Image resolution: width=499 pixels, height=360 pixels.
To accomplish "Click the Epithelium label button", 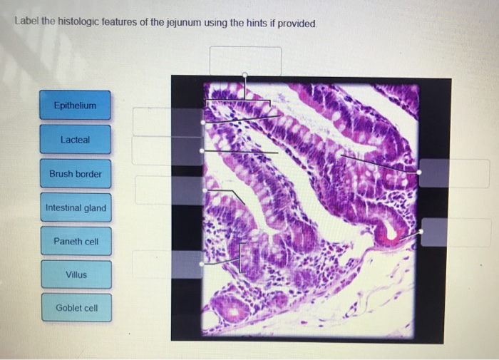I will coord(75,106).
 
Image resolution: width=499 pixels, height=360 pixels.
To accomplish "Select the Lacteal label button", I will coord(75,140).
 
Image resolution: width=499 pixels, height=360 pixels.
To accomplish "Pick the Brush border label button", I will coord(75,174).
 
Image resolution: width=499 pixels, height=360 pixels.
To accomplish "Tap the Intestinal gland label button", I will coord(75,208).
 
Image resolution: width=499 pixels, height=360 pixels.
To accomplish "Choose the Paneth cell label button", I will coord(76,242).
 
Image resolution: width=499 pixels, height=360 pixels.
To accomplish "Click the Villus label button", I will coord(76,274).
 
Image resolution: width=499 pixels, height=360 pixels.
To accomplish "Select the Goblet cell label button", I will coord(76,308).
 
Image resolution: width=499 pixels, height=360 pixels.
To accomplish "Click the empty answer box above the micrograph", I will coord(245,61).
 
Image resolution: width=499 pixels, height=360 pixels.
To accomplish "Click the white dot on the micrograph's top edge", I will coord(245,74).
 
